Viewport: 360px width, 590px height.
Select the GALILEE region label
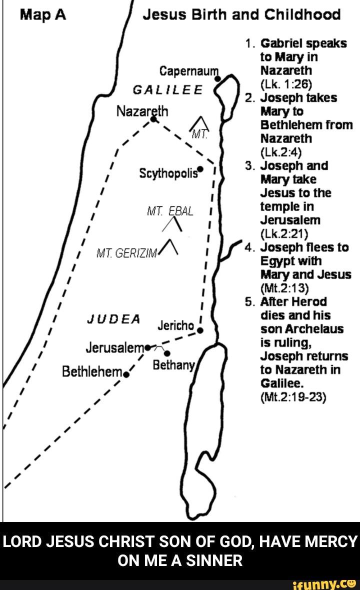pyautogui.click(x=167, y=91)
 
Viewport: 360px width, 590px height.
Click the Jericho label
pyautogui.click(x=175, y=325)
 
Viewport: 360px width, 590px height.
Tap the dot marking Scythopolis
pyautogui.click(x=200, y=168)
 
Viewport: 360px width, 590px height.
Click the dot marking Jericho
pyautogui.click(x=200, y=330)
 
